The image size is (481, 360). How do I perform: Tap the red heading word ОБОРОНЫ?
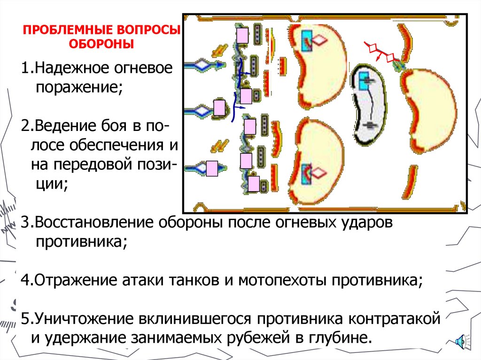[x=102, y=45]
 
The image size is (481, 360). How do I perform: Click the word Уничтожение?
[x=81, y=320]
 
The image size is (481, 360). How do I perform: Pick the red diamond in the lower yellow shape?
[x=319, y=174]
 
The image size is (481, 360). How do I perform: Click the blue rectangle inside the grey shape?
[x=365, y=81]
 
